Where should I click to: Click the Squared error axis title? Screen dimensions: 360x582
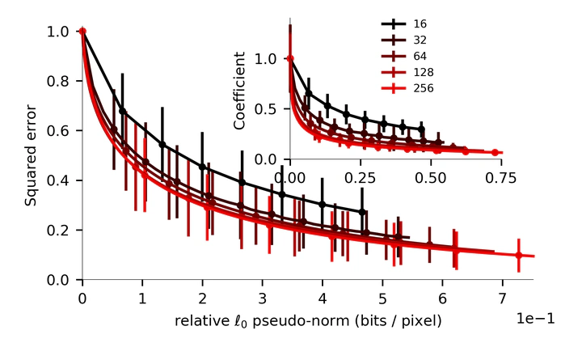[x=31, y=155]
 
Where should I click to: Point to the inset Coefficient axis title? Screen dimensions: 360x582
[x=240, y=90]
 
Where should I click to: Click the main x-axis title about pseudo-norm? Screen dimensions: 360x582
[x=308, y=321]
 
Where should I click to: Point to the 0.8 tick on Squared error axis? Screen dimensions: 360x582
[x=61, y=81]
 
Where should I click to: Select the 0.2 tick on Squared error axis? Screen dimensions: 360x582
[x=61, y=231]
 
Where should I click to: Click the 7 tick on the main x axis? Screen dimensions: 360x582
[x=503, y=297]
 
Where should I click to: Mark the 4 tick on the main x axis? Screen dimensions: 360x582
[x=323, y=297]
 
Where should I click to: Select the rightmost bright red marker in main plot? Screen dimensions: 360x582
[x=519, y=256]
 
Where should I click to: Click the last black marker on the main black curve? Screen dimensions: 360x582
[x=362, y=212]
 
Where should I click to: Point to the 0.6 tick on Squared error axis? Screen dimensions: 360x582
[x=61, y=130]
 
